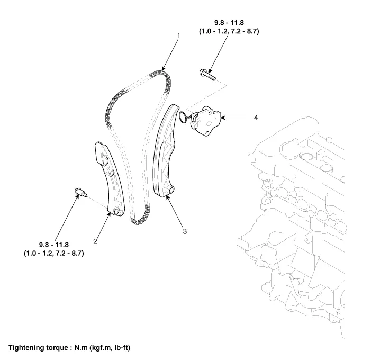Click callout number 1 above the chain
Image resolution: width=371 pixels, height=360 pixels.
(179, 35)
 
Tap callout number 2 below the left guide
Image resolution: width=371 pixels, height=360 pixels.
(95, 241)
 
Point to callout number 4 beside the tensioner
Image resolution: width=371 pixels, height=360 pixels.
(256, 118)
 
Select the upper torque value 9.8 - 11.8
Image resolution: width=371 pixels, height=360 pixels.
(230, 23)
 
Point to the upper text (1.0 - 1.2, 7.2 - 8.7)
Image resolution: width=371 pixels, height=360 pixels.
(230, 32)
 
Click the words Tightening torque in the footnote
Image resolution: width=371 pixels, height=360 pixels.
(40, 347)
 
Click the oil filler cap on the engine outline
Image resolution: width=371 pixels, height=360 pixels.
(289, 147)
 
